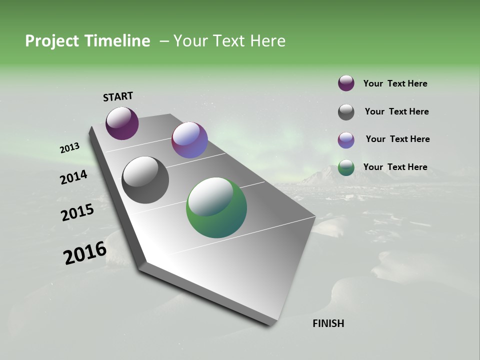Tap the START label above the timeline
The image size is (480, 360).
[x=118, y=96]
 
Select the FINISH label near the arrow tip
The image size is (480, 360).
[x=328, y=323]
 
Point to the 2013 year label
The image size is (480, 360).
[x=69, y=148]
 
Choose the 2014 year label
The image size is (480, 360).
[x=73, y=177]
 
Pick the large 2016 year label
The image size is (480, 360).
[x=84, y=253]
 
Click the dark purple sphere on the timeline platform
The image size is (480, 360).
[x=122, y=123]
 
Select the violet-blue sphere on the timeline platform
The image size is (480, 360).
[x=189, y=140]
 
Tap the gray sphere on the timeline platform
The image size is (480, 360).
[x=145, y=180]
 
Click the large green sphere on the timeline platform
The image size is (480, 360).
[x=216, y=207]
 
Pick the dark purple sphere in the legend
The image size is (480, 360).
[x=346, y=83]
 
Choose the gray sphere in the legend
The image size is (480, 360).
[x=346, y=112]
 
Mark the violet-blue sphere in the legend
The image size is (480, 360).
[x=346, y=140]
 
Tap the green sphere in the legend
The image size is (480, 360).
[x=346, y=168]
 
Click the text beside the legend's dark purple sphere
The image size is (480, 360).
[x=395, y=84]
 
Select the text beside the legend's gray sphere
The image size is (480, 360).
[x=396, y=111]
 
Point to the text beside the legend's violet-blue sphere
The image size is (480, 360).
[x=397, y=139]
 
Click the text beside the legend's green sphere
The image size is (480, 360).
[x=395, y=167]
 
